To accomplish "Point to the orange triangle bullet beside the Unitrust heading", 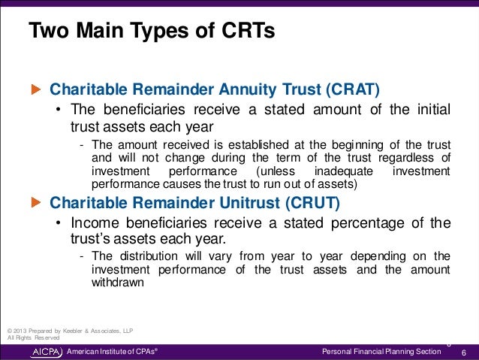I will pyautogui.click(x=35, y=202).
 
